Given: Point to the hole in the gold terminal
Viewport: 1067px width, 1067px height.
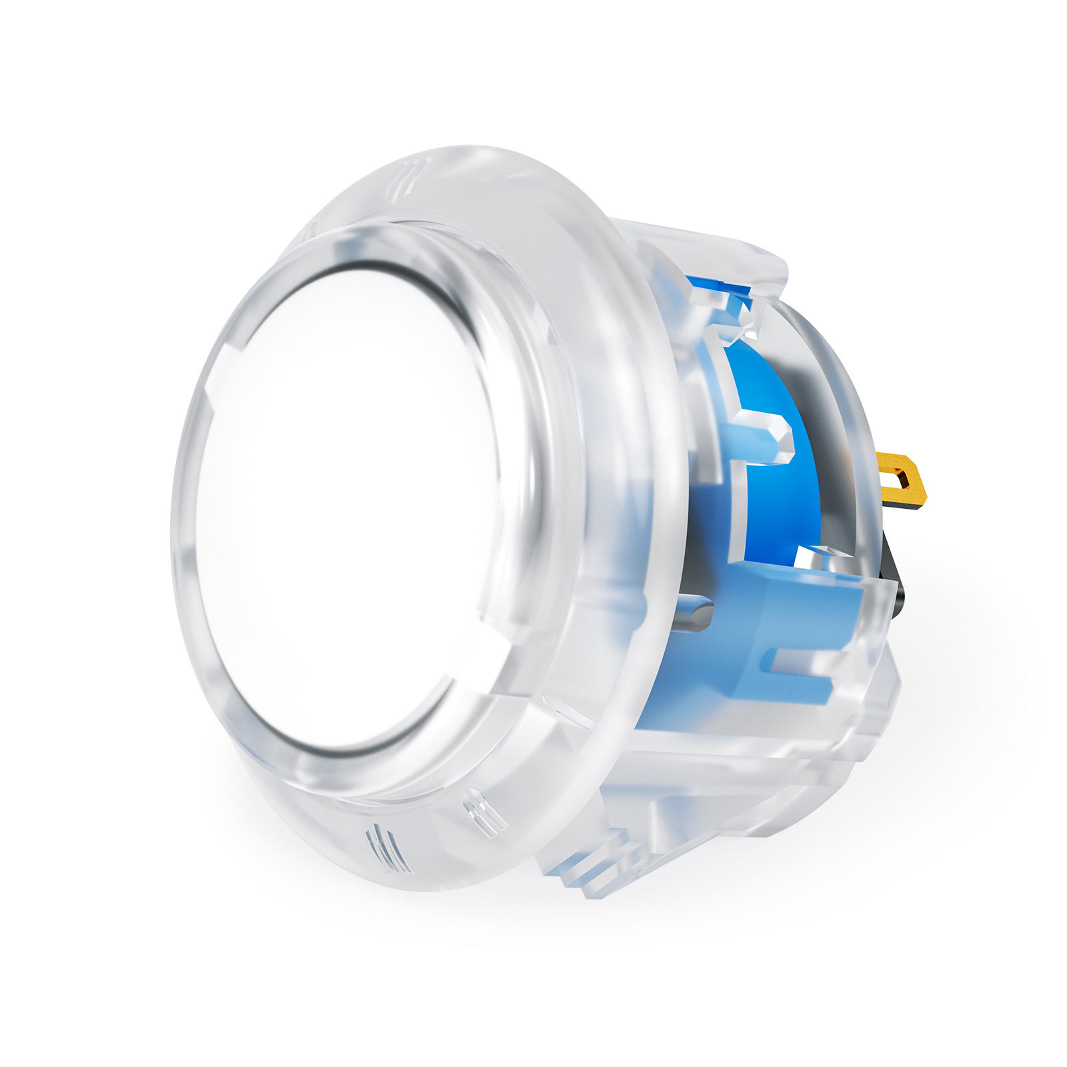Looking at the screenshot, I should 902,477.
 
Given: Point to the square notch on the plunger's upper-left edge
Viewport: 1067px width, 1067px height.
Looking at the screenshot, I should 230,360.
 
